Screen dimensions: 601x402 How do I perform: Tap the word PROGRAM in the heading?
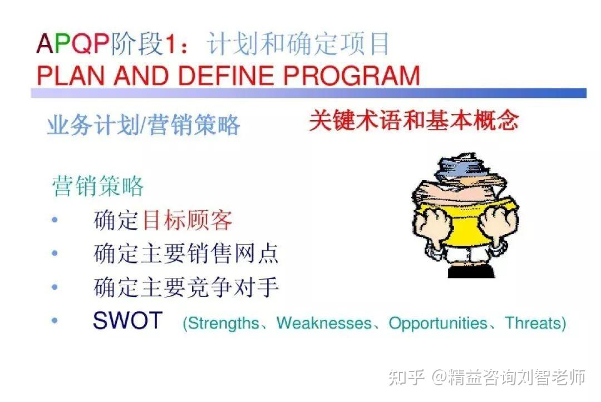(352, 75)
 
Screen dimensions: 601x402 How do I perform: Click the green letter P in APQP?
(63, 43)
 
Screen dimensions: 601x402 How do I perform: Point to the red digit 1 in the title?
(170, 43)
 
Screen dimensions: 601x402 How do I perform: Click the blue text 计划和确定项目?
(298, 43)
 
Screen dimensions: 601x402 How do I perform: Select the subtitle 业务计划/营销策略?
(144, 125)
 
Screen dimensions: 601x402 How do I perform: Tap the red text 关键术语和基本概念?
(414, 120)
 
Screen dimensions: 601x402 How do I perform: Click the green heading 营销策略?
(98, 186)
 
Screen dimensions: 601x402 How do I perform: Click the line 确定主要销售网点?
(186, 253)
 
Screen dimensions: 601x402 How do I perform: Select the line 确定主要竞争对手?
(186, 287)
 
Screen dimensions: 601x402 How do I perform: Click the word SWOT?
(127, 320)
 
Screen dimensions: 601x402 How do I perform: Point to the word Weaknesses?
(324, 323)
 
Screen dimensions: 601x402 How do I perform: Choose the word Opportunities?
(438, 324)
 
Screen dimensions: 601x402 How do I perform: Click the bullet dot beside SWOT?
(55, 320)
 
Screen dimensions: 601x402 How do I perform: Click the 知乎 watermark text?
(406, 377)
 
